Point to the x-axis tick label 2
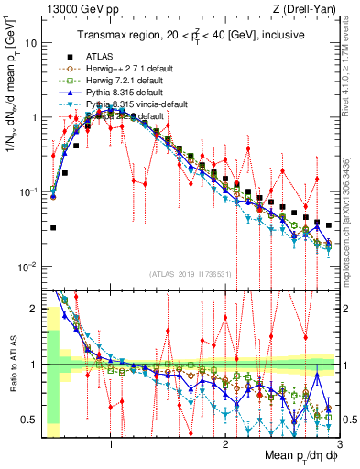225,443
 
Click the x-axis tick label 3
337,443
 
